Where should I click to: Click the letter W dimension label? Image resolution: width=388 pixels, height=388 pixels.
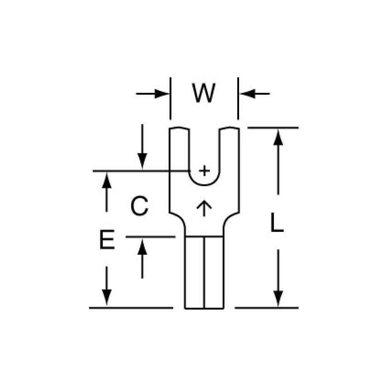pyautogui.click(x=204, y=93)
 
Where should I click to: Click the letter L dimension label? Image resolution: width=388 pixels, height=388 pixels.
pyautogui.click(x=277, y=222)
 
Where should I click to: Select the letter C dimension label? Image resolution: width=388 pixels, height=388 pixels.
pyautogui.click(x=139, y=207)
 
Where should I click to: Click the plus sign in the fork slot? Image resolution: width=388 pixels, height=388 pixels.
pyautogui.click(x=204, y=171)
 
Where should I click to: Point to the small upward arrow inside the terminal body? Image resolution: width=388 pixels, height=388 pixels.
pyautogui.click(x=204, y=208)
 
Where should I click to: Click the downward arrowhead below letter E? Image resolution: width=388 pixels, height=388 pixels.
pyautogui.click(x=107, y=296)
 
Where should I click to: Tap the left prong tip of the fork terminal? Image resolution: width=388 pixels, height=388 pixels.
pyautogui.click(x=179, y=129)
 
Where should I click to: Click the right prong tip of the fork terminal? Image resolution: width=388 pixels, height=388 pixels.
pyautogui.click(x=229, y=129)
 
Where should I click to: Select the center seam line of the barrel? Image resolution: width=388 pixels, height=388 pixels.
pyautogui.click(x=204, y=273)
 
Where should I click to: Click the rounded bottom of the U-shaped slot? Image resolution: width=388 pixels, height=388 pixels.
pyautogui.click(x=204, y=185)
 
